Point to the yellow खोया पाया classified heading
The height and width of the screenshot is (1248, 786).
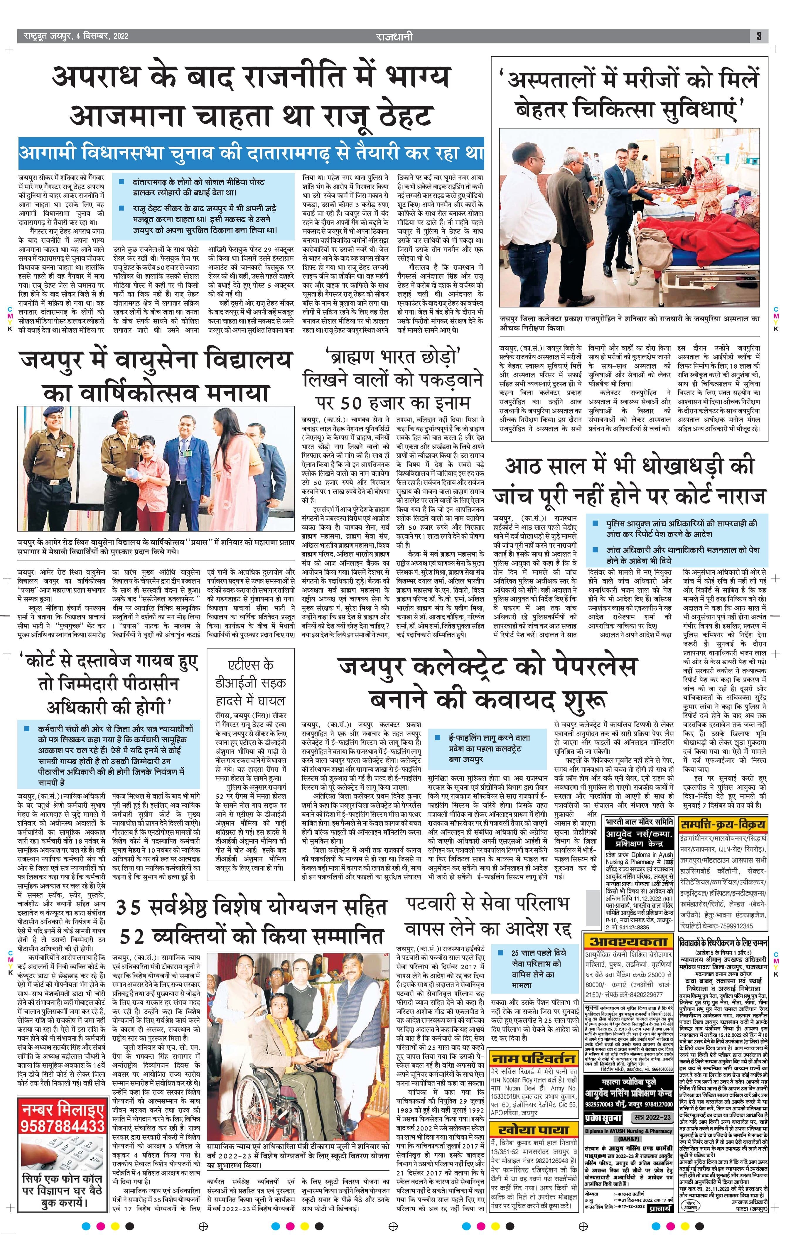[534, 1129]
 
